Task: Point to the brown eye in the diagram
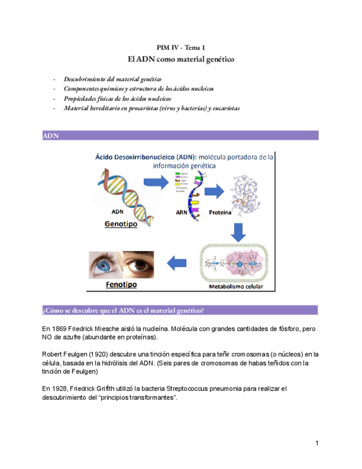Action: point(139,264)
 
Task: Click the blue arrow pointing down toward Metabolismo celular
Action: point(238,232)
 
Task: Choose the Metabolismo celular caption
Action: point(235,287)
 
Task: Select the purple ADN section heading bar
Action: point(180,136)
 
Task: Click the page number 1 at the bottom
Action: point(317,443)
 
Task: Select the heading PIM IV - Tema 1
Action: point(181,48)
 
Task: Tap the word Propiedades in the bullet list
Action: point(80,98)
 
